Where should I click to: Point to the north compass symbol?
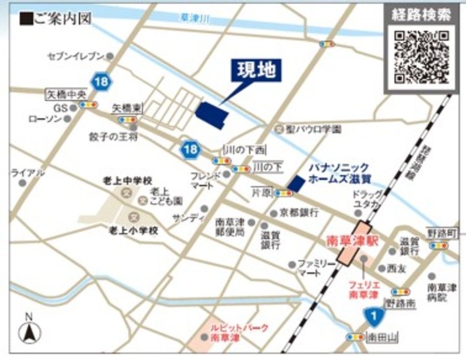click(x=30, y=329)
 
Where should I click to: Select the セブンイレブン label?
click(x=76, y=55)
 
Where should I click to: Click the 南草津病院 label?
click(x=442, y=292)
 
